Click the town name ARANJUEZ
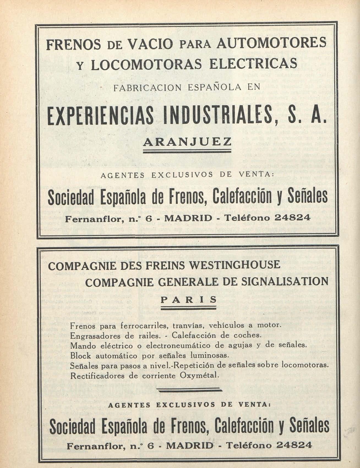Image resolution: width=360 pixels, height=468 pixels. (x=187, y=142)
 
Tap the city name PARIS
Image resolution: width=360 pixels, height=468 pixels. (x=189, y=300)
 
